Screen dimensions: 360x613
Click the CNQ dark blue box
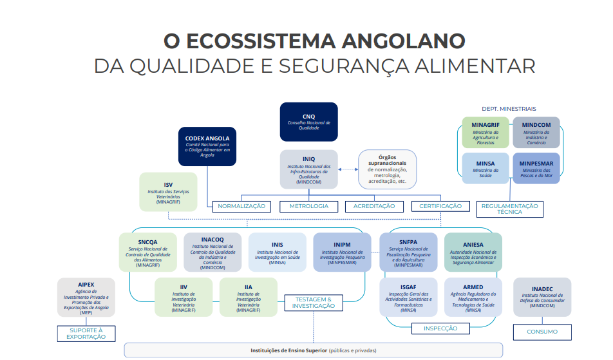308,122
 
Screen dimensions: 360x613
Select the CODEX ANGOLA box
207,146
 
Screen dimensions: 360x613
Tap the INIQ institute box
308,169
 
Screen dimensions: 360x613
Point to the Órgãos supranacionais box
387,169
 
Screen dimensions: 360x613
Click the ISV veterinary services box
168,192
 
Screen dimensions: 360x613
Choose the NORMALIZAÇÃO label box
241,206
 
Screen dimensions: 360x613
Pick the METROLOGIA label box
308,206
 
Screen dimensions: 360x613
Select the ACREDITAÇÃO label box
374,206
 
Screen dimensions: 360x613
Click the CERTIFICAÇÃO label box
440,206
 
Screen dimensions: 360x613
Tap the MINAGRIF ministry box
486,133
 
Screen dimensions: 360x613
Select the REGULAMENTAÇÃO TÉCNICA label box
509,209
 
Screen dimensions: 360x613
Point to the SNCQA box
147,252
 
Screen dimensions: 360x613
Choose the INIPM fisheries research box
343,252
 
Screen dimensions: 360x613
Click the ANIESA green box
473,252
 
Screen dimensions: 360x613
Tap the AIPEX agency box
86,298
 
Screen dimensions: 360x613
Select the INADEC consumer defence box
542,297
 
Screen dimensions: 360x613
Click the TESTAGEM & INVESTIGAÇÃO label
314,303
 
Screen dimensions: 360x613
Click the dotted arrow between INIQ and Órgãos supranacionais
348,169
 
